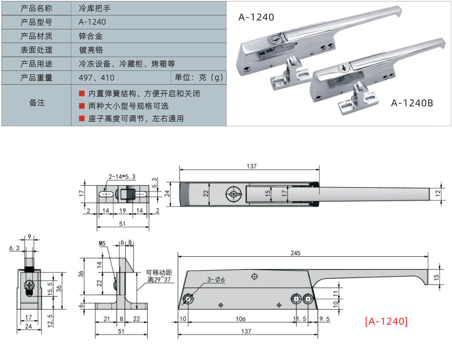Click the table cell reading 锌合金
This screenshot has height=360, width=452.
pos(90,36)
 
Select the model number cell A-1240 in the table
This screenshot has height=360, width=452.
pos(92,22)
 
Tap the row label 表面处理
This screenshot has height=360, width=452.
pos(36,50)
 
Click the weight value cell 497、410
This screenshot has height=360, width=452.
pos(96,78)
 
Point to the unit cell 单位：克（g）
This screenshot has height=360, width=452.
pos(199,78)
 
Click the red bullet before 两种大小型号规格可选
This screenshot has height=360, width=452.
pos(82,106)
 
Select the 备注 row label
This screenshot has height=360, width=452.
pos(37,103)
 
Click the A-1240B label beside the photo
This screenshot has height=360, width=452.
pos(412,103)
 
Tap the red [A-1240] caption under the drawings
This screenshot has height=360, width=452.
pos(386,321)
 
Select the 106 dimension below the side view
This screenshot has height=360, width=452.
pos(241,318)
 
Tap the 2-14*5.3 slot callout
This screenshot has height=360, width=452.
pos(122,177)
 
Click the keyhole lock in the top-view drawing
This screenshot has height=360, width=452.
pos(233,193)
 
